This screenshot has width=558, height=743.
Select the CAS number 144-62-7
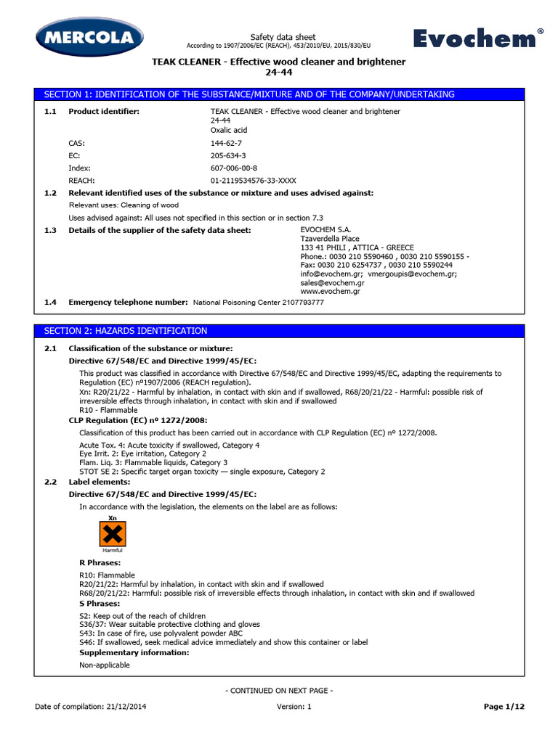(x=227, y=144)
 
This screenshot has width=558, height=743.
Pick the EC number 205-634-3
(x=228, y=155)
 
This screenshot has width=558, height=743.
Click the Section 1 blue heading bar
(x=279, y=94)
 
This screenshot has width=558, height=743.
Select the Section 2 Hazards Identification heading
(x=126, y=331)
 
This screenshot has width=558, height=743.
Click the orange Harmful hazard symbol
(x=112, y=535)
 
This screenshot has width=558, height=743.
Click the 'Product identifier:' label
(x=104, y=111)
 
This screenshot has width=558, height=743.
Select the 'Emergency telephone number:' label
(x=128, y=302)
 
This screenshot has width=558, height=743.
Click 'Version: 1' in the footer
(x=294, y=706)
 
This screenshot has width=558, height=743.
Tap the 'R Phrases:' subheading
(x=100, y=562)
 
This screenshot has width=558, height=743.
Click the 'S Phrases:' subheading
(x=100, y=604)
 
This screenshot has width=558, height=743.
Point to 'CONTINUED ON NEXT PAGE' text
(x=279, y=691)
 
